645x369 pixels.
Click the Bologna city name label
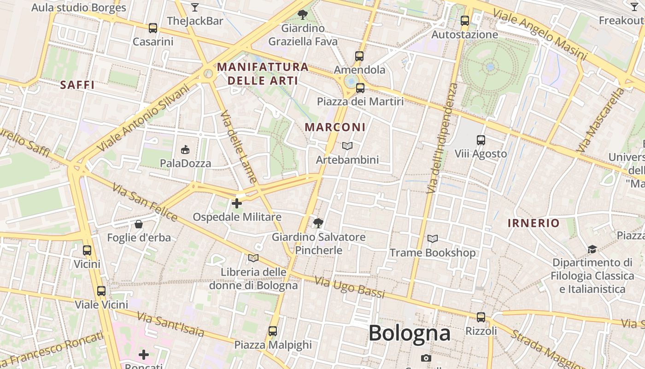click(409, 333)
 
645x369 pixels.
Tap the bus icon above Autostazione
click(464, 21)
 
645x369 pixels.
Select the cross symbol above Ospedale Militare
click(237, 203)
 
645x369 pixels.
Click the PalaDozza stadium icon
click(185, 149)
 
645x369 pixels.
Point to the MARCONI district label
click(335, 127)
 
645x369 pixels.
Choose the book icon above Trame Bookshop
click(432, 238)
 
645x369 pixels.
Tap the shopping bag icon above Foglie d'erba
click(138, 224)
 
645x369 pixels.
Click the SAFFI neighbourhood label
click(77, 85)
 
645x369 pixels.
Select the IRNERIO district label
click(534, 223)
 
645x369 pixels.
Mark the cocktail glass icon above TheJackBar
click(195, 7)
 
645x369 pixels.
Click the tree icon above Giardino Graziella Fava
click(303, 14)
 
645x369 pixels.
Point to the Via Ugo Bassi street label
click(349, 287)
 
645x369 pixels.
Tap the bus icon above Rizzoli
click(481, 317)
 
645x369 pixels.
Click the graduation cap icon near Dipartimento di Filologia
click(592, 249)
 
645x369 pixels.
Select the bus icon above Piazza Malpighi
click(273, 331)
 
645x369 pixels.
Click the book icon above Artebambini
click(347, 146)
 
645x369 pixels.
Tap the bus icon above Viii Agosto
click(481, 140)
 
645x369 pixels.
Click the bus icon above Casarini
click(153, 28)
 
